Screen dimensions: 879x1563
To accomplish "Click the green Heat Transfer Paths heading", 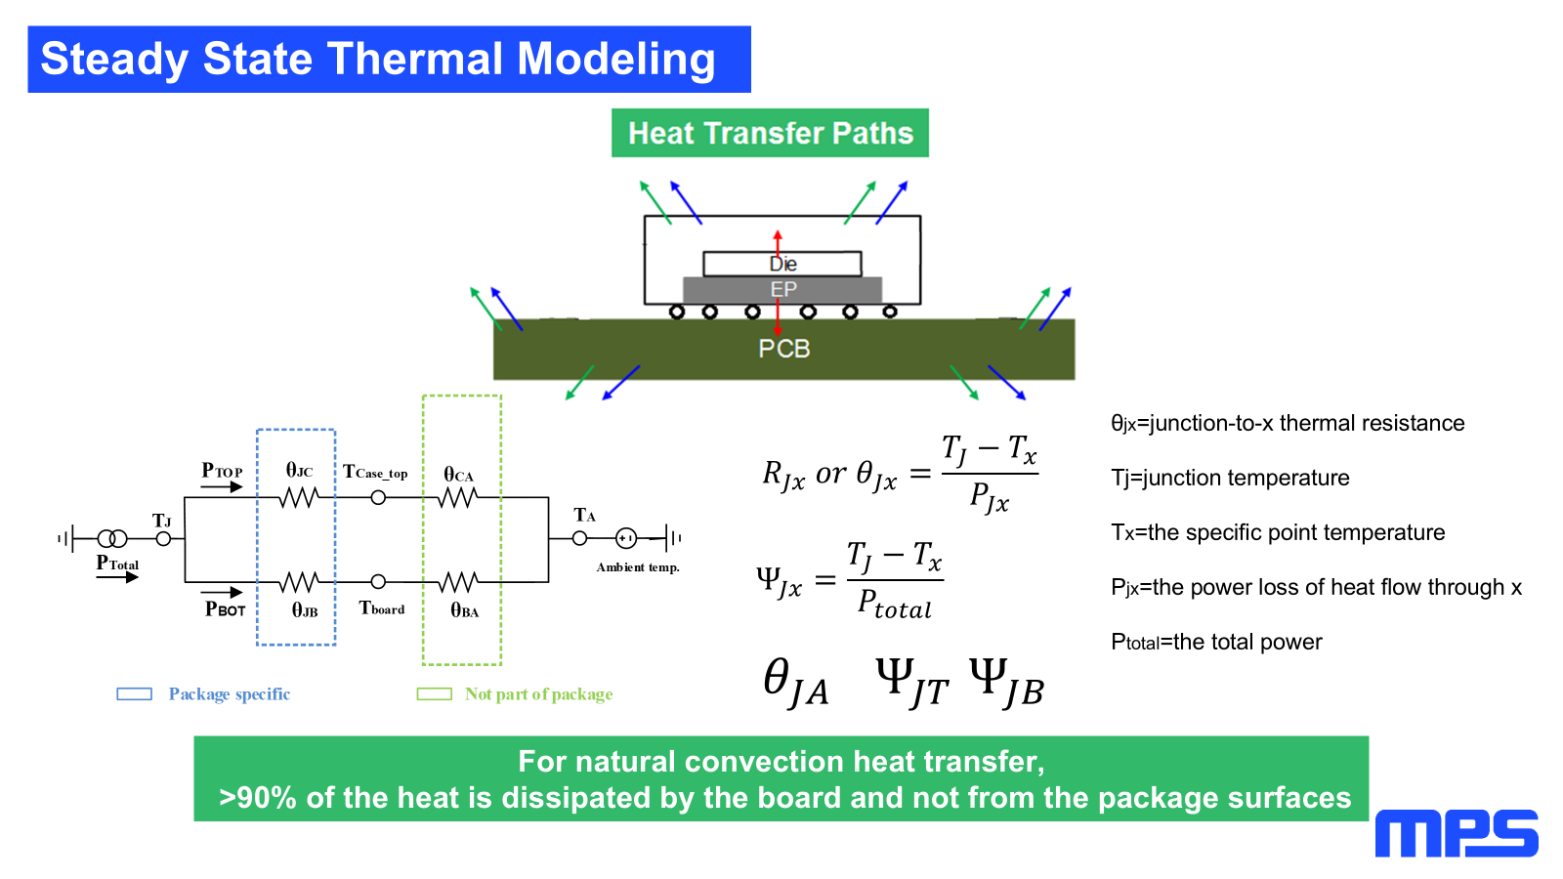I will [770, 133].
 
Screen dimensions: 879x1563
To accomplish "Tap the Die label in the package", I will [782, 264].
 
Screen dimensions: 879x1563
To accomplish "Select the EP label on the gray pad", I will [782, 289].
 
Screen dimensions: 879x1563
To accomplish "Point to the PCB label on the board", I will [783, 349].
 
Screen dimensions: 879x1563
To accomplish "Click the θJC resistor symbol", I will [298, 498].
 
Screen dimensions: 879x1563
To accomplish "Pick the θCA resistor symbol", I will [457, 498].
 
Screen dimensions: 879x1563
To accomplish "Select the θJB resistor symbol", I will [298, 582].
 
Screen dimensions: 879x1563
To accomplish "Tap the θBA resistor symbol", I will [457, 582].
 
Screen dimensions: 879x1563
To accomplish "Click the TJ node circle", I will [163, 538].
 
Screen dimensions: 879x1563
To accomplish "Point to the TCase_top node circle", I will [378, 498].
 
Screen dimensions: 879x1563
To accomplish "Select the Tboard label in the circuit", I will [382, 608].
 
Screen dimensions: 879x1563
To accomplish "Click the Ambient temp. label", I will [638, 567].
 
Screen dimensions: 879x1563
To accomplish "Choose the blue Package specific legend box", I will [134, 694].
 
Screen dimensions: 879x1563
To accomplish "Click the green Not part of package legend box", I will [434, 694].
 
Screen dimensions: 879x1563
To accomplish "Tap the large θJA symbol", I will [795, 681].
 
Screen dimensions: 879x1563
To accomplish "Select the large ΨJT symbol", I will [911, 681].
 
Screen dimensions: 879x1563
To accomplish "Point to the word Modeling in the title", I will [616, 60].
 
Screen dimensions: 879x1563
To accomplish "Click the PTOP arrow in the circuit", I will [223, 486].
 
